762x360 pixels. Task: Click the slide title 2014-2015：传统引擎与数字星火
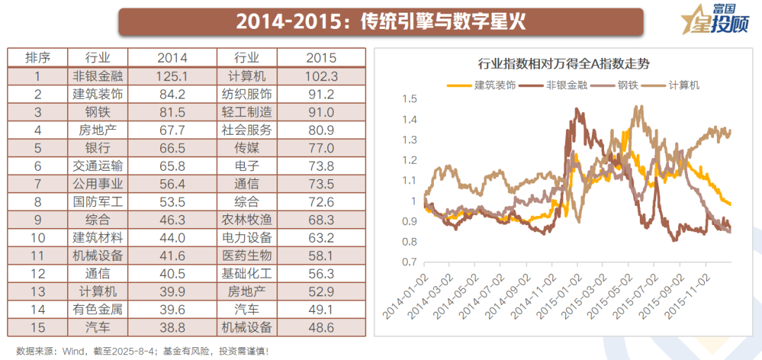point(381,21)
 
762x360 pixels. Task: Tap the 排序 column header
point(37,58)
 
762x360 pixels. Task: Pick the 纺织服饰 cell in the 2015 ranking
point(246,94)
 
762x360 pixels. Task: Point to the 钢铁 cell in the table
point(98,112)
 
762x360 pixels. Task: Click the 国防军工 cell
point(98,202)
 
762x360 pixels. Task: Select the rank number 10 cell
point(37,238)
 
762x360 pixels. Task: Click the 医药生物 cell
point(246,256)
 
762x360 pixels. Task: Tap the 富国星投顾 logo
point(713,20)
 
